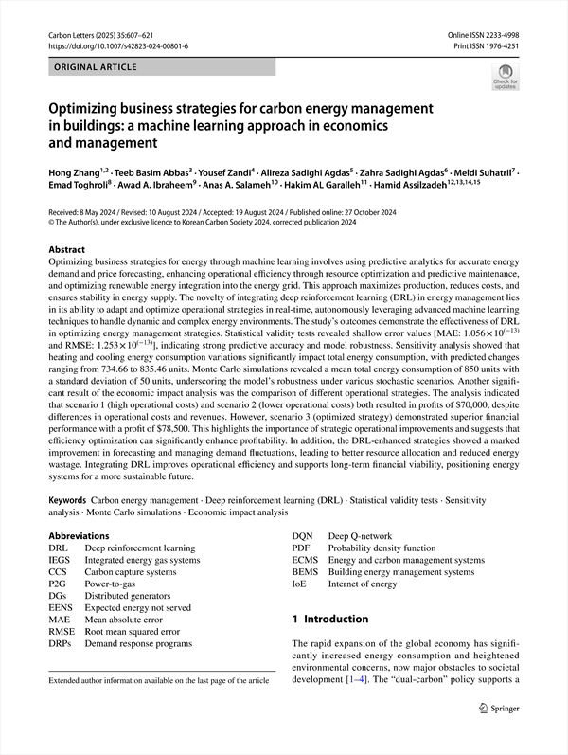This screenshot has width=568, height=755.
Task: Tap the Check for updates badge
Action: pos(505,76)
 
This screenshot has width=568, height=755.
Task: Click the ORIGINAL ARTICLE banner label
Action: pos(96,67)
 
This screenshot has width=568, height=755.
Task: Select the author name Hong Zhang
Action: pos(77,175)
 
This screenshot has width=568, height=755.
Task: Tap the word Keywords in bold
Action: pos(69,498)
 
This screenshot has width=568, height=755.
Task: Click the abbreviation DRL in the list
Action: pos(58,548)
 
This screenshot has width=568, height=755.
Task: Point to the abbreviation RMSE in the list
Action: pos(62,631)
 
